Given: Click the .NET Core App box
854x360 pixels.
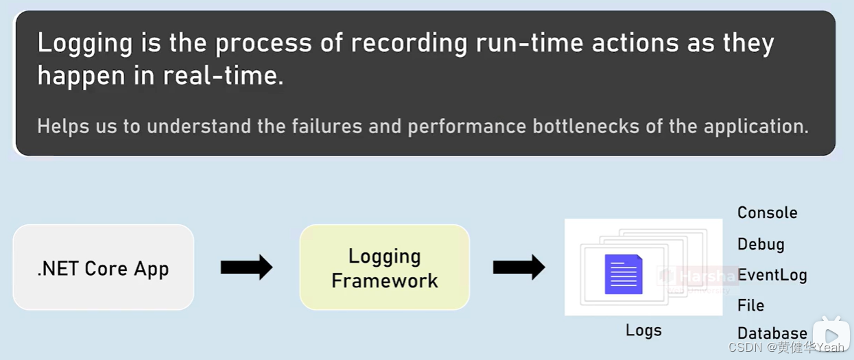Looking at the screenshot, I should (103, 267).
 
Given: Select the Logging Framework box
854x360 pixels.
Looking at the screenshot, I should (384, 267).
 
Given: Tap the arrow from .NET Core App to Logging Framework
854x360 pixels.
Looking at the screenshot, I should (246, 267).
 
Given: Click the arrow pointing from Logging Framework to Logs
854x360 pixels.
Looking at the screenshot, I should (519, 267).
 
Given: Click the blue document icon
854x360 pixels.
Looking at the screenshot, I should (623, 274).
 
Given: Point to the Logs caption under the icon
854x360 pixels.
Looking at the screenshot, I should (643, 331).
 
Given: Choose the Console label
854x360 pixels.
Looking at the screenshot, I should (767, 213).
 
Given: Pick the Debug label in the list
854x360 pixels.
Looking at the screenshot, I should (761, 244).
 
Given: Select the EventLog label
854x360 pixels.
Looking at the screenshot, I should (772, 275).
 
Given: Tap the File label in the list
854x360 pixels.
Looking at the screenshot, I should (750, 305).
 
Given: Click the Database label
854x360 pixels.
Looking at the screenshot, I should (772, 334).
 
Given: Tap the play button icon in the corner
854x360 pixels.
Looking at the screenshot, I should (831, 335).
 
